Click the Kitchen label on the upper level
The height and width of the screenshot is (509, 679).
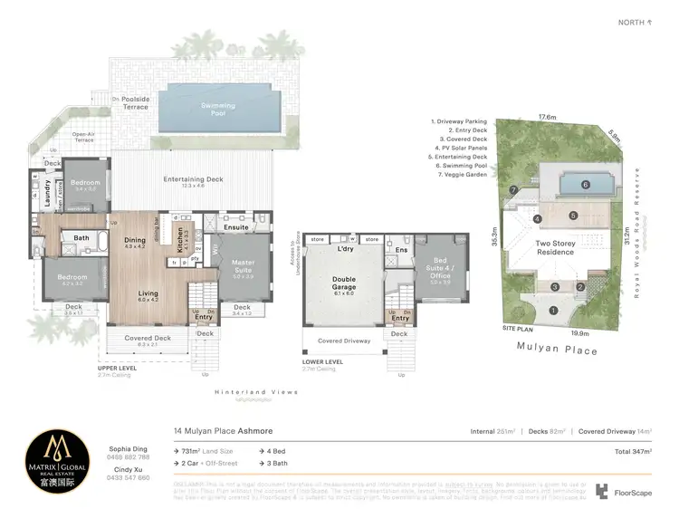(179, 245)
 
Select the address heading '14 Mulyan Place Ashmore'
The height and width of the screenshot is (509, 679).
(224, 432)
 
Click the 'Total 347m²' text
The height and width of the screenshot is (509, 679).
(633, 450)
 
